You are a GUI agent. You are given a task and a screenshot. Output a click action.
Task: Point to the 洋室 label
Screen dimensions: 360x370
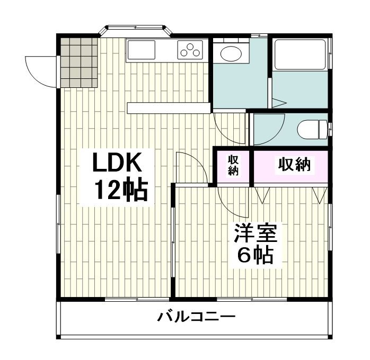pyautogui.click(x=253, y=235)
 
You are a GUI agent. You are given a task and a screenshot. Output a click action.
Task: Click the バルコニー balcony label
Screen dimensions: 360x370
pyautogui.click(x=196, y=318)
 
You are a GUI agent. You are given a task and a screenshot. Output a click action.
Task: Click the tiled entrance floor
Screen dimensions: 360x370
pyautogui.click(x=78, y=62)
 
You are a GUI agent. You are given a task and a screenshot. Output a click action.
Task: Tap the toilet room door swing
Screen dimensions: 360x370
pyautogui.click(x=268, y=127)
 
